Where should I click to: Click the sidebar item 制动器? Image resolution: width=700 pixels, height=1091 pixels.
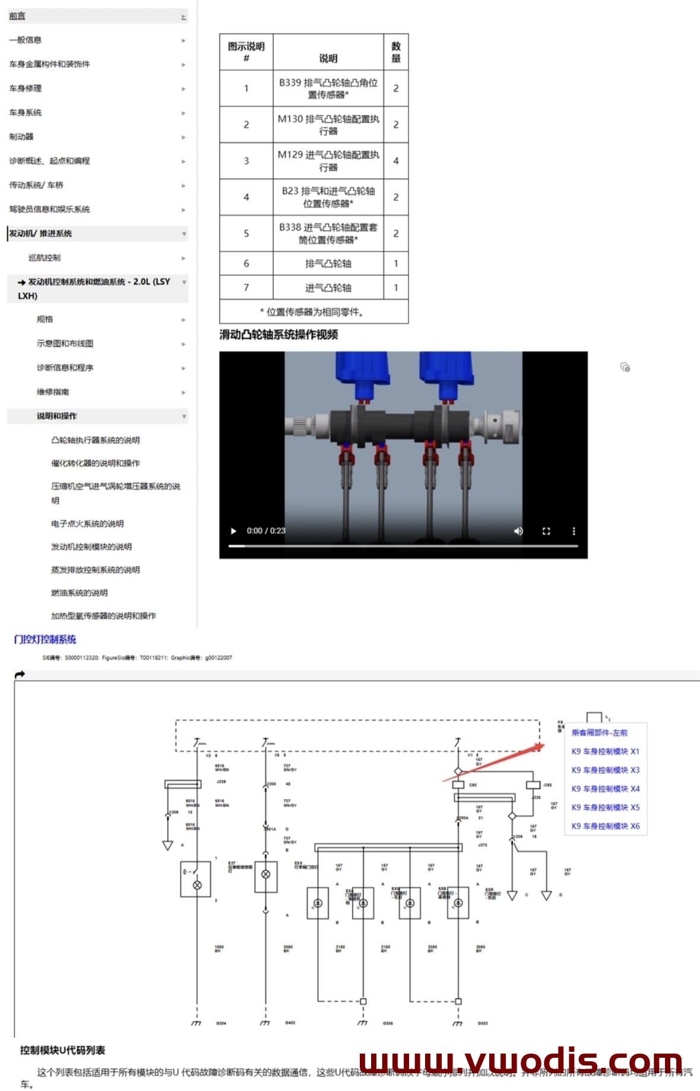pyautogui.click(x=21, y=137)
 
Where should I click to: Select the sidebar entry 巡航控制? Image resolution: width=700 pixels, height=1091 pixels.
pyautogui.click(x=45, y=258)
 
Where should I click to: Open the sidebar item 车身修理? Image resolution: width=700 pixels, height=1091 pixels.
pyautogui.click(x=26, y=88)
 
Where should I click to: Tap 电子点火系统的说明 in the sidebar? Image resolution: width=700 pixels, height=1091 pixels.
pyautogui.click(x=87, y=524)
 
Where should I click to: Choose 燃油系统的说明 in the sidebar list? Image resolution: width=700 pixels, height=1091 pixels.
pyautogui.click(x=80, y=593)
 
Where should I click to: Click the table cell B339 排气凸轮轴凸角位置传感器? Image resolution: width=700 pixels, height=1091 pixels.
pyautogui.click(x=328, y=88)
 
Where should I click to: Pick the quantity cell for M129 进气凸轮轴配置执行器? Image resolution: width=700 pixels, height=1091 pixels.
pyautogui.click(x=396, y=161)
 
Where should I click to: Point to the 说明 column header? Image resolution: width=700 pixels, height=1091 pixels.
pyautogui.click(x=328, y=58)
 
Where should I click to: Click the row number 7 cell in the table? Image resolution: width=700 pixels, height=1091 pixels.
pyautogui.click(x=246, y=287)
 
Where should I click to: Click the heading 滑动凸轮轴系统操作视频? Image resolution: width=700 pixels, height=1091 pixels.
pyautogui.click(x=278, y=335)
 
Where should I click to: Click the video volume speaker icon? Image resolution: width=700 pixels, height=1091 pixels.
pyautogui.click(x=518, y=531)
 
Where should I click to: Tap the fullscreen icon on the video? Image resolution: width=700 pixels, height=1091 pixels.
pyautogui.click(x=546, y=531)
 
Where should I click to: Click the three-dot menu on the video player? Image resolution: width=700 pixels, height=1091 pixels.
pyautogui.click(x=574, y=531)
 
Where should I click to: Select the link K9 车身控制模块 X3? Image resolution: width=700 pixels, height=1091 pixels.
pyautogui.click(x=605, y=770)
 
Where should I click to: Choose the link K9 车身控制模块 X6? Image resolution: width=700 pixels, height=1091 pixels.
pyautogui.click(x=605, y=826)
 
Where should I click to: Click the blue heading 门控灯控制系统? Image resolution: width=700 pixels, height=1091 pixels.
pyautogui.click(x=45, y=640)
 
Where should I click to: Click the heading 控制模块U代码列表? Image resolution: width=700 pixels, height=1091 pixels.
pyautogui.click(x=62, y=1051)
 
